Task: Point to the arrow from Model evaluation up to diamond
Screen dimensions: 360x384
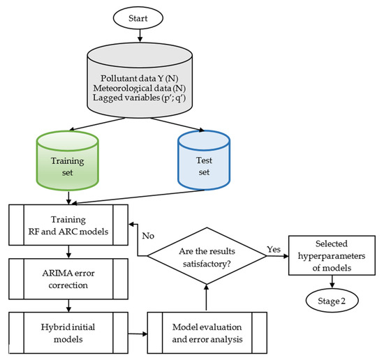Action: click(x=205, y=293)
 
